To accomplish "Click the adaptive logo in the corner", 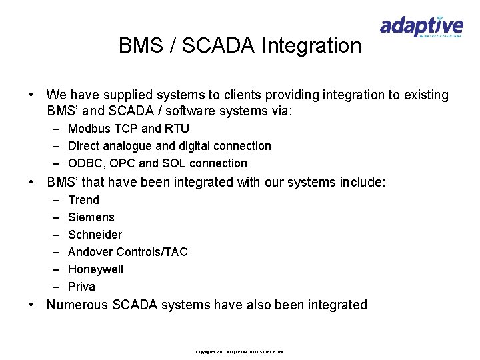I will tap(421, 28).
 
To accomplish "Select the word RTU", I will tap(177, 129).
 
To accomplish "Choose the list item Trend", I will tap(83, 200).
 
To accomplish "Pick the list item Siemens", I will tap(91, 217).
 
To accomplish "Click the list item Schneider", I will tap(95, 235).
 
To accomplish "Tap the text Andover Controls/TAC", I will tap(128, 252).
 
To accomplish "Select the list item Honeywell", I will tap(95, 269).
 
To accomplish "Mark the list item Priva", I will tap(81, 287).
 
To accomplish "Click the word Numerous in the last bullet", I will tap(77, 305).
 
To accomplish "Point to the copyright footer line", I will tap(239, 352).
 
